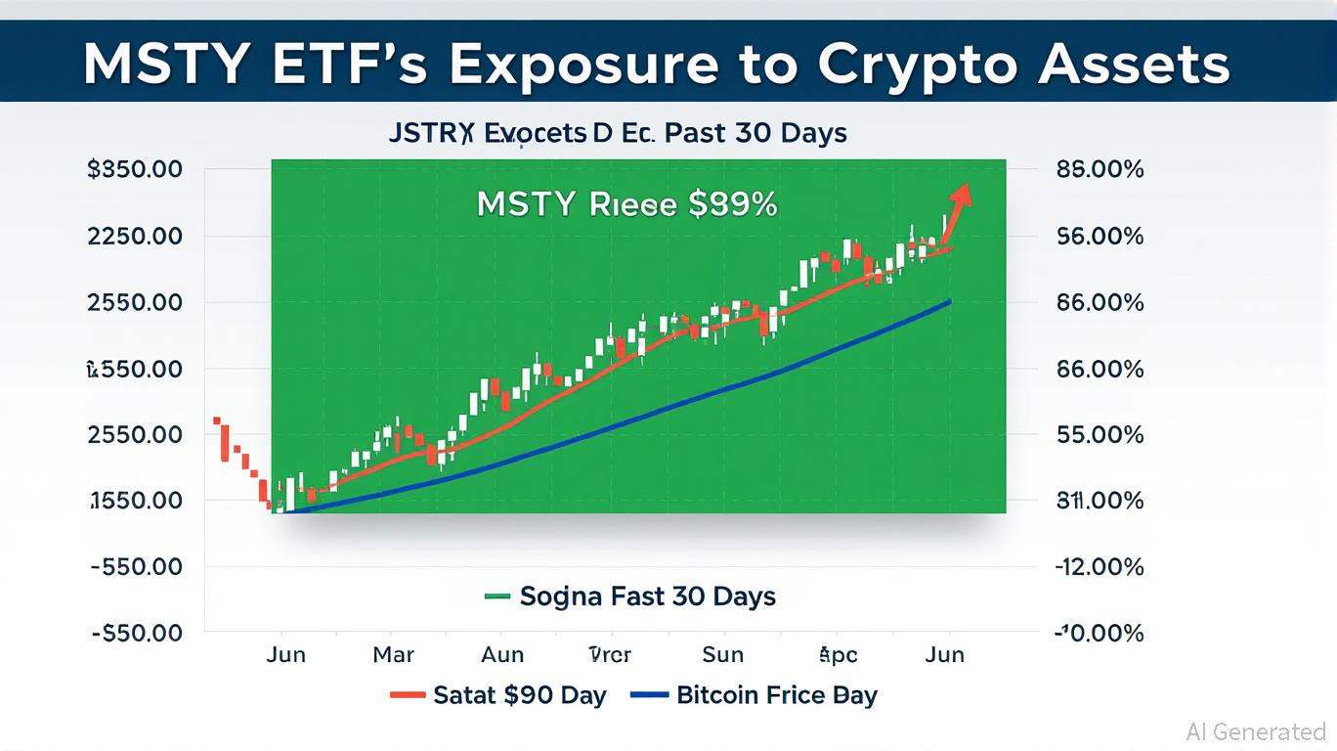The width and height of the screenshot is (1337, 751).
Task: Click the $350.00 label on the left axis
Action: pos(135,169)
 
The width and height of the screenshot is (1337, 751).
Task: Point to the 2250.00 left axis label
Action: pos(135,236)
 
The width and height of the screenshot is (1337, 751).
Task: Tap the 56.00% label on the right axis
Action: pos(1100,236)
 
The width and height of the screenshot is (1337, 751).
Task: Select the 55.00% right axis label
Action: pos(1100,434)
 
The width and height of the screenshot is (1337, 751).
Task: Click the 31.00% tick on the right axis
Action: pos(1100,501)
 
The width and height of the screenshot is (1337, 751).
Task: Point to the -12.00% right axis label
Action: pos(1100,566)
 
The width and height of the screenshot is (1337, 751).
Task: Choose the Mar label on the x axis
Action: pos(393,654)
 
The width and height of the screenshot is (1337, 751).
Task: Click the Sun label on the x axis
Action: pos(723,654)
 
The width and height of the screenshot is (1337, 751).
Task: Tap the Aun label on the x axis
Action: pos(502,654)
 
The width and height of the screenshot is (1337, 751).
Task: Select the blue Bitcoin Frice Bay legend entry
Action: pos(755,695)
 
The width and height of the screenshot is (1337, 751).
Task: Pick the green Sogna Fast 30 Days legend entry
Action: pos(630,596)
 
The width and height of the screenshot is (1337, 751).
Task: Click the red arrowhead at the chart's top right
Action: pos(963,194)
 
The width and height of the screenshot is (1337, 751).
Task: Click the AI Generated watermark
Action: pos(1256,731)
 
